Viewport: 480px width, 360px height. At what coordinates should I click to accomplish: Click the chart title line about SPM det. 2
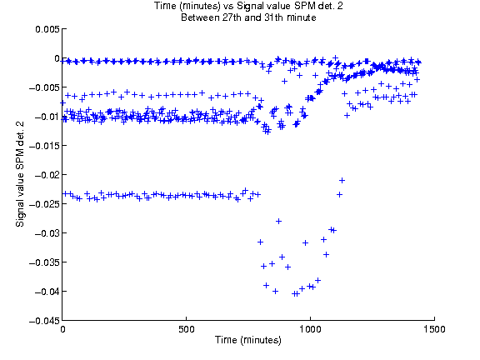tap(248, 6)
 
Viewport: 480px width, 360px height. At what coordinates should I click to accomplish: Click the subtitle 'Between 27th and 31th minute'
tap(248, 17)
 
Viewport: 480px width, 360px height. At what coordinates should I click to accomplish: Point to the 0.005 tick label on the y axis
tap(47, 29)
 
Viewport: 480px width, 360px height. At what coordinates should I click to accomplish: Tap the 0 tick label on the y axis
tap(57, 58)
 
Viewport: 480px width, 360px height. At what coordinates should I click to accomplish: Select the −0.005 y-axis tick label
tap(44, 87)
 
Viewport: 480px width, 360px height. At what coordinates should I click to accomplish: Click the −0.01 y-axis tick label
tap(47, 117)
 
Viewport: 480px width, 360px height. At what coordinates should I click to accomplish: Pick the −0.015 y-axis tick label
tap(44, 146)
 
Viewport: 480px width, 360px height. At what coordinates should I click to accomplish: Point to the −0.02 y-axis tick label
tap(47, 175)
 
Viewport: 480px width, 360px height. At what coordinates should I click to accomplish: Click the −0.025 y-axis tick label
tap(44, 204)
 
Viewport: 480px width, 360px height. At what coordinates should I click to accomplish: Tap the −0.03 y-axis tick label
tap(47, 233)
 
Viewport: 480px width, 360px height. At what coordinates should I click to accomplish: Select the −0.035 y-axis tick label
tap(44, 262)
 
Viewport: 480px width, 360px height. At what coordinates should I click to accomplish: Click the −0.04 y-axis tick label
tap(47, 292)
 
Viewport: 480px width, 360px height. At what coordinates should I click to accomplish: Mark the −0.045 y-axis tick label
tap(44, 321)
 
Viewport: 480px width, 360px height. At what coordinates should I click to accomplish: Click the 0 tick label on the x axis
tap(62, 329)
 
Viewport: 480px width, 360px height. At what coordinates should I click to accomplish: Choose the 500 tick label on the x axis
tap(187, 329)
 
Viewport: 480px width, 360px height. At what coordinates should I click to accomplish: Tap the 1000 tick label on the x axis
tap(310, 329)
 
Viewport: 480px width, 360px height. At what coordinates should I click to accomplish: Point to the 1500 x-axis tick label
tap(434, 329)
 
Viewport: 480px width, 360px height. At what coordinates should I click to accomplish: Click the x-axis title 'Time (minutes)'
tap(248, 340)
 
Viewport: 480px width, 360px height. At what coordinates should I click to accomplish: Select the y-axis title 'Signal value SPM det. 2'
tap(20, 174)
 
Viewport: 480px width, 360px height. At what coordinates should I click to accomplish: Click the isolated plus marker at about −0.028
tap(278, 222)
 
